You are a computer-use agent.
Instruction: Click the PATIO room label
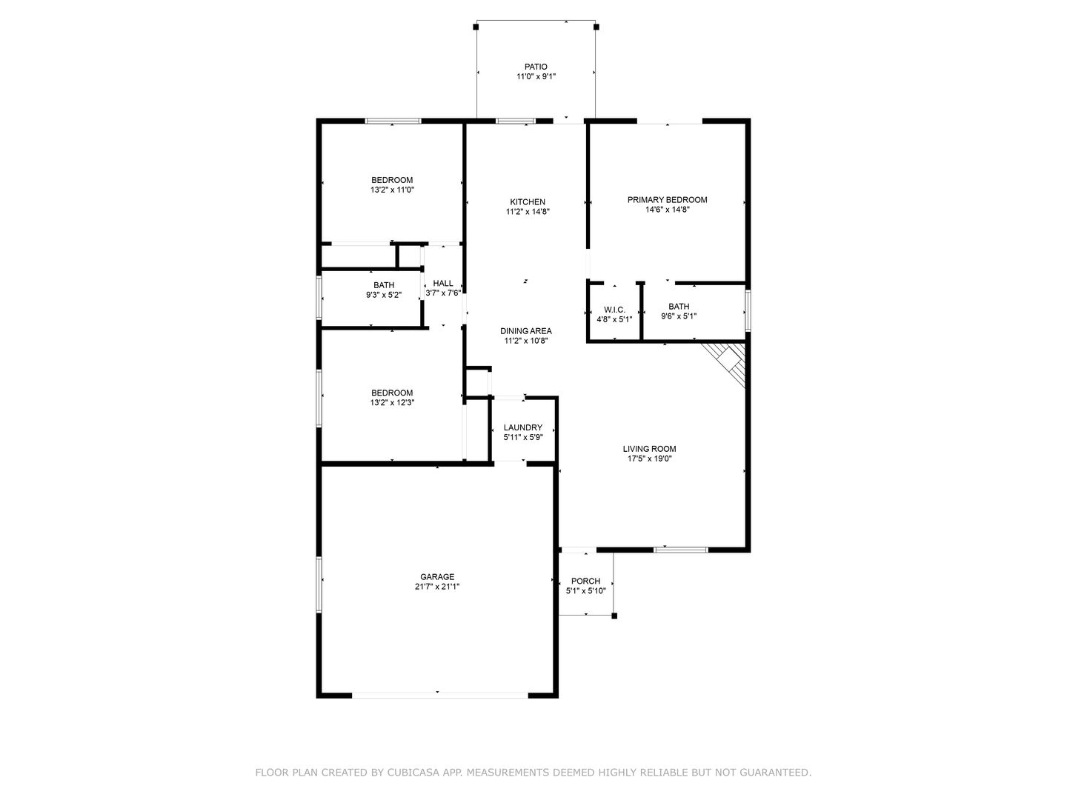pyautogui.click(x=536, y=67)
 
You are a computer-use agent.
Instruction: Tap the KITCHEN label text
pyautogui.click(x=528, y=202)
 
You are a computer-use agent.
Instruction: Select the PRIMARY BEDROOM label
pyautogui.click(x=667, y=200)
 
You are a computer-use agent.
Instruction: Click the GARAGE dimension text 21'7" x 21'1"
pyautogui.click(x=437, y=587)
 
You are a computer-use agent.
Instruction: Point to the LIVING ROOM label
pyautogui.click(x=649, y=449)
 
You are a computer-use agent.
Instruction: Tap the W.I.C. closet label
pyautogui.click(x=614, y=310)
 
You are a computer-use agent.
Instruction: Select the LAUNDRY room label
pyautogui.click(x=523, y=427)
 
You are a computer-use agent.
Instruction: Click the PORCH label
pyautogui.click(x=586, y=581)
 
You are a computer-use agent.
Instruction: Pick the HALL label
pyautogui.click(x=443, y=283)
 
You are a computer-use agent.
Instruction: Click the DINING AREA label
pyautogui.click(x=526, y=331)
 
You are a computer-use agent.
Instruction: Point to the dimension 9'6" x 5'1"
pyautogui.click(x=679, y=316)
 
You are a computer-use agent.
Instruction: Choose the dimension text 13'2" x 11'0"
pyautogui.click(x=392, y=190)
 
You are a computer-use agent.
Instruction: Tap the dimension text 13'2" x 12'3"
pyautogui.click(x=392, y=403)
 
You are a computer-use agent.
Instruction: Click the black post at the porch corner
pyautogui.click(x=614, y=616)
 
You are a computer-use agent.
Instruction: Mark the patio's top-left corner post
pyautogui.click(x=476, y=27)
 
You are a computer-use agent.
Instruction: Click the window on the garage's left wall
pyautogui.click(x=319, y=584)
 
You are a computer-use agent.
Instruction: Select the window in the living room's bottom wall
pyautogui.click(x=680, y=550)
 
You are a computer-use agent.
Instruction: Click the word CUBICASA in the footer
pyautogui.click(x=411, y=773)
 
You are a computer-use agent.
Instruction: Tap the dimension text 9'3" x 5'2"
pyautogui.click(x=384, y=295)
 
